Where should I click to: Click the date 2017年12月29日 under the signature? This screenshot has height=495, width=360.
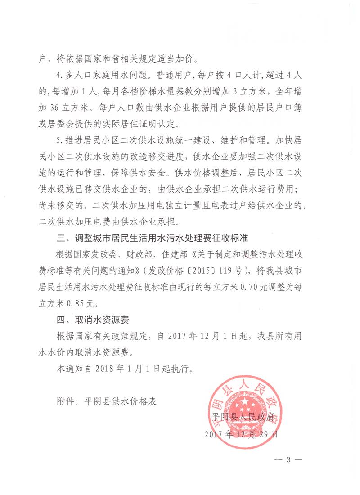242,435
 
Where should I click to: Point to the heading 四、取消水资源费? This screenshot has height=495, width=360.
90,320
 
